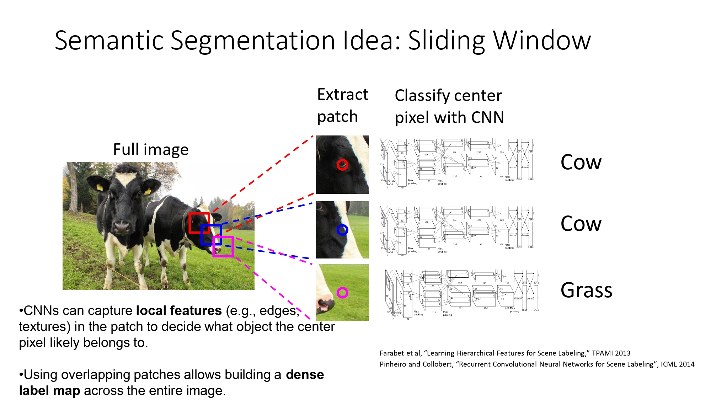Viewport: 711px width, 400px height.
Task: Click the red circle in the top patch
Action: tap(342, 165)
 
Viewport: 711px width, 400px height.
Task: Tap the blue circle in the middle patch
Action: tap(342, 230)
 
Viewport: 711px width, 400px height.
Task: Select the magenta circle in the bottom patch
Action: tap(342, 293)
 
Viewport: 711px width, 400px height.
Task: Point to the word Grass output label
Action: tap(586, 290)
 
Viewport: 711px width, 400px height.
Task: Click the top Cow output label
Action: tap(581, 162)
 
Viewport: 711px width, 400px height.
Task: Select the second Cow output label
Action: tap(581, 224)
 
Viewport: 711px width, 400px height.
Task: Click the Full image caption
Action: tap(151, 149)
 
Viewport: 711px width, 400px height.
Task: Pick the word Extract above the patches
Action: tap(342, 95)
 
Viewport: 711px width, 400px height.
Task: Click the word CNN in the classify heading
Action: tap(487, 117)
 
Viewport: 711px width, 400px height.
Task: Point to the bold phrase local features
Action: tap(179, 311)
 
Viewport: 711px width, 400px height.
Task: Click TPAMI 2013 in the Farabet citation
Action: tap(611, 353)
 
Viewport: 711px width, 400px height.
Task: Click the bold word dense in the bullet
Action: tap(305, 375)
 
